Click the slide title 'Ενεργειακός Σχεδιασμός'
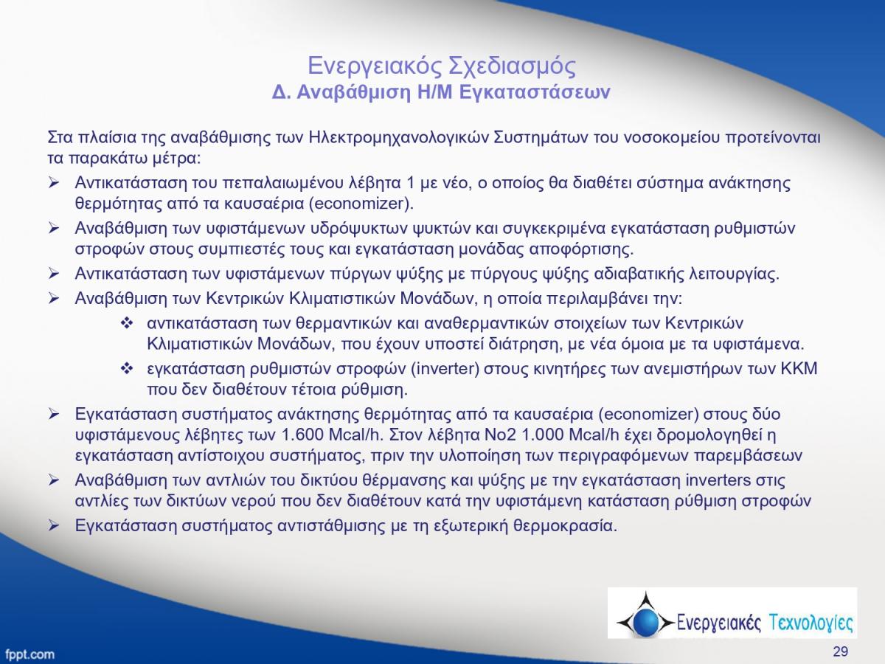[442, 66]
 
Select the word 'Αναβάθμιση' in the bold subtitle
[353, 92]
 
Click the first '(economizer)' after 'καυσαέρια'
[361, 204]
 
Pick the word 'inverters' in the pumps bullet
[718, 480]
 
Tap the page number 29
[840, 651]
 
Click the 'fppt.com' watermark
[30, 654]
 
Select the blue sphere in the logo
[645, 622]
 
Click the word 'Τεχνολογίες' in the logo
[811, 623]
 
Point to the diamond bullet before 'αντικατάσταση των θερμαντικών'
[127, 323]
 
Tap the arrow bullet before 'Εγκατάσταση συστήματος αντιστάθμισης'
[54, 526]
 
